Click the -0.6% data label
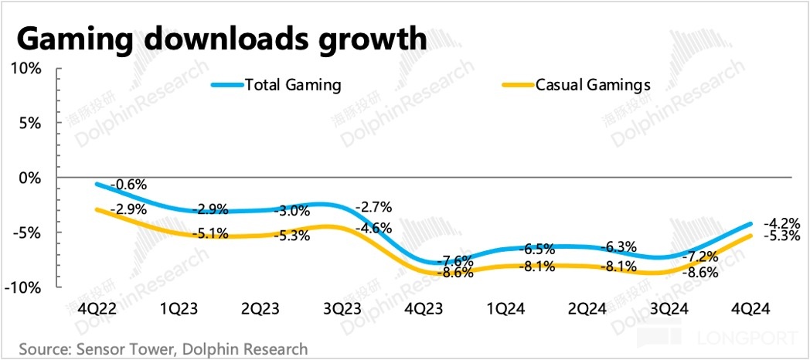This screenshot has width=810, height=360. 128,185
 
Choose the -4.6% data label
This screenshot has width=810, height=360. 374,229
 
